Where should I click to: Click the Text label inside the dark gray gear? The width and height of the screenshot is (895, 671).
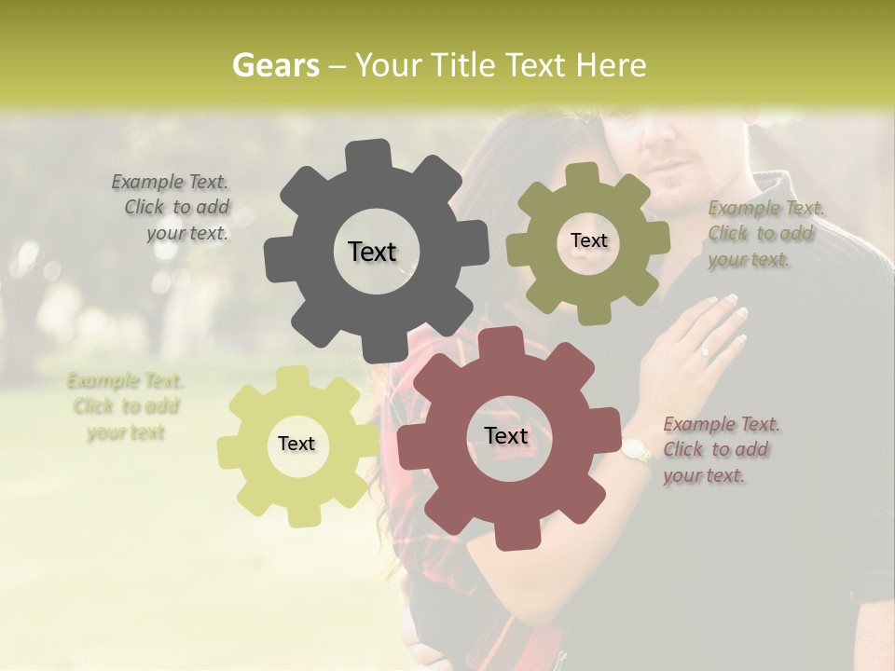(x=372, y=252)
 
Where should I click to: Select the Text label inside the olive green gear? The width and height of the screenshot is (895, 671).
(x=588, y=240)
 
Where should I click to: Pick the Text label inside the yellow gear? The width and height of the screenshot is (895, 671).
(x=296, y=444)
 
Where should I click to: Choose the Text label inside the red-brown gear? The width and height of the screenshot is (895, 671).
(x=506, y=435)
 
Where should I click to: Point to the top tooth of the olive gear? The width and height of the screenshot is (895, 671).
(x=583, y=176)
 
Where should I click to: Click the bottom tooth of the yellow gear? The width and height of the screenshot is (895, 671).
(x=300, y=516)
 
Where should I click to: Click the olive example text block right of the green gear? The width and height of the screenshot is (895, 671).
(x=764, y=234)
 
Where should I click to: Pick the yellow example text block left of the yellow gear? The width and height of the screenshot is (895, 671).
(x=126, y=406)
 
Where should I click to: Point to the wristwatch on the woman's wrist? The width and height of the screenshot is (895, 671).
(x=640, y=450)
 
